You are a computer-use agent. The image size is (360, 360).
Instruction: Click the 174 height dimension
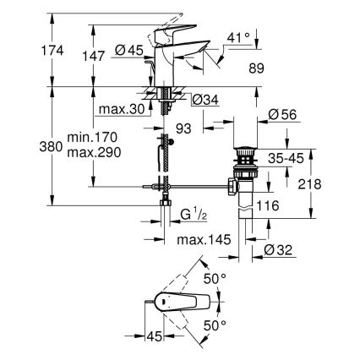coord(14,52)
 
